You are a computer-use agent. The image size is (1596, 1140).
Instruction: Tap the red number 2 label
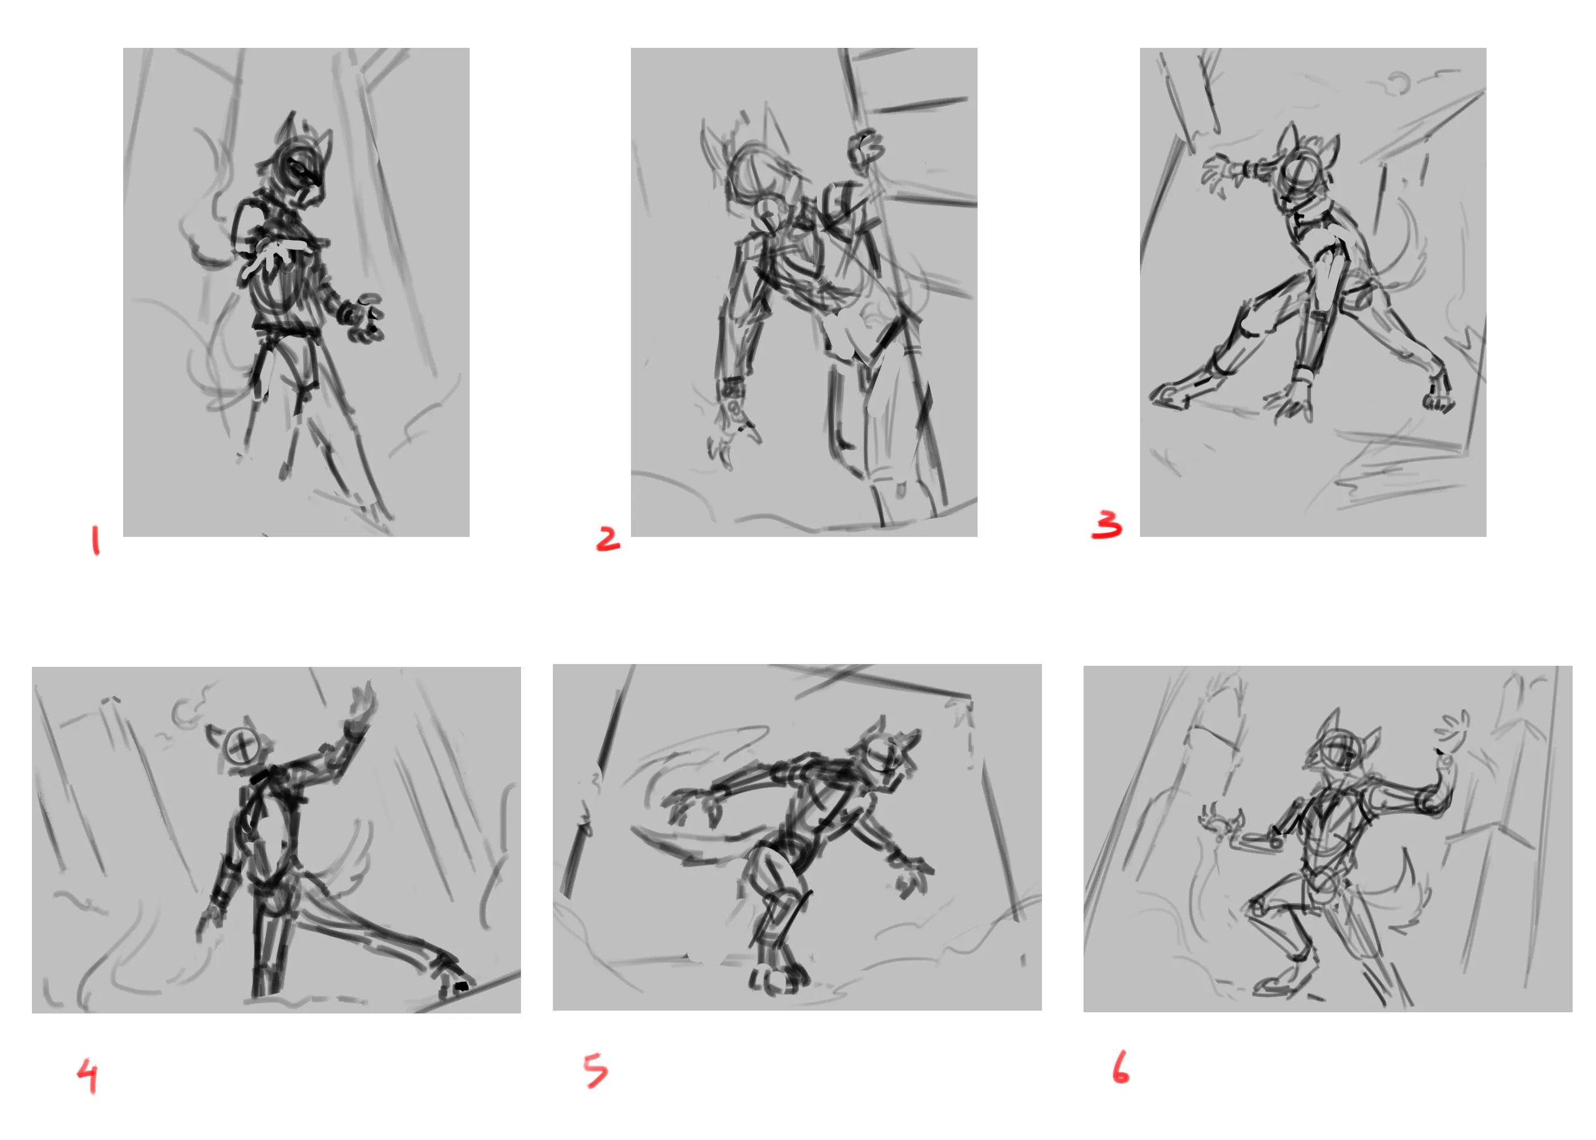click(608, 539)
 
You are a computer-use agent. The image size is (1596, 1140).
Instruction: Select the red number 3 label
click(1107, 524)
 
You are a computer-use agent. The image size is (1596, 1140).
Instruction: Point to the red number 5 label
click(596, 1070)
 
